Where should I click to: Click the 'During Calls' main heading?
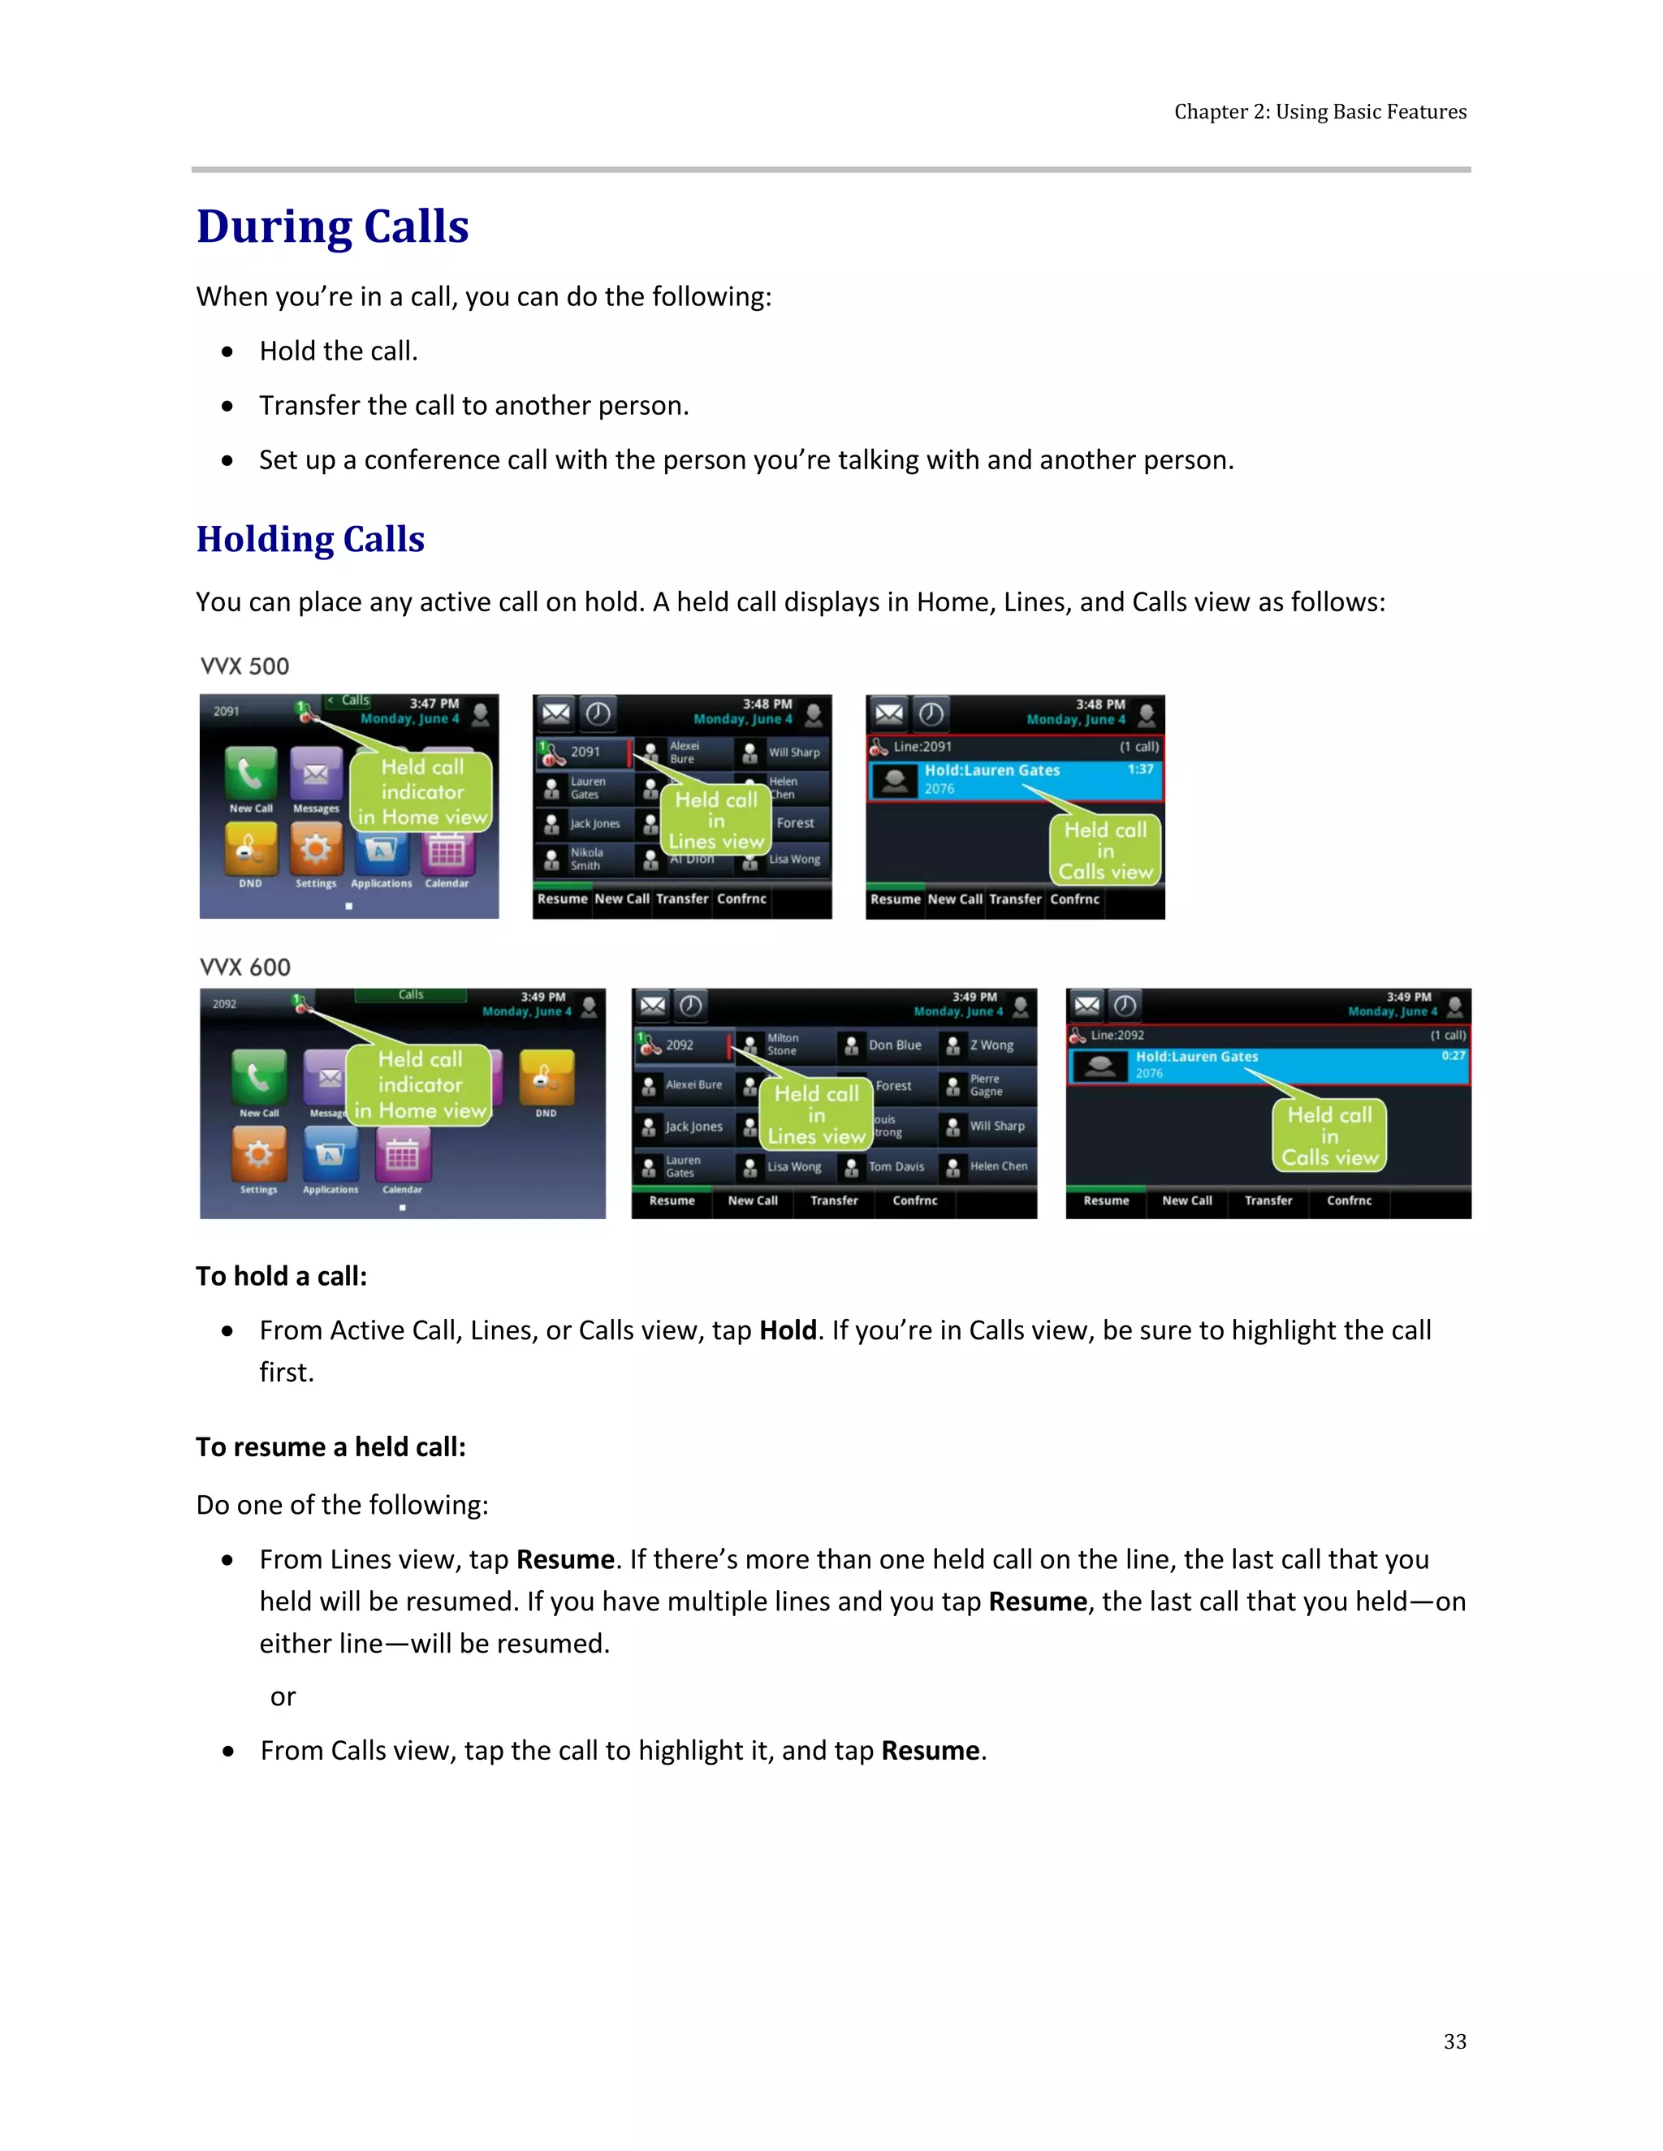coord(332,226)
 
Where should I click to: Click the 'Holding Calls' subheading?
coord(310,540)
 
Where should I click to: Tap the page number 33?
coord(1454,2041)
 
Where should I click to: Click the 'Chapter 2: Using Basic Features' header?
coord(1320,111)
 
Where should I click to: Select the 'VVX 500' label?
coord(244,666)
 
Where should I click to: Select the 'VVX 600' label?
coord(245,968)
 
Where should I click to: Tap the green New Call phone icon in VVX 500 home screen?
coord(250,773)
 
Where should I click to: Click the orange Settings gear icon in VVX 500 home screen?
coord(315,849)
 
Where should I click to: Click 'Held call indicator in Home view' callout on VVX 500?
coord(421,792)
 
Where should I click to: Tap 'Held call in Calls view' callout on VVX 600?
coord(1329,1136)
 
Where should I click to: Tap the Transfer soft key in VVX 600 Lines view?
coord(833,1201)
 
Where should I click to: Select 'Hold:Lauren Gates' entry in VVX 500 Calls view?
coord(992,771)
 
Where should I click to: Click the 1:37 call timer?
coord(1140,769)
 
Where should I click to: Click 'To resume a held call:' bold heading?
coord(330,1446)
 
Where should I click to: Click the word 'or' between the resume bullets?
coord(283,1697)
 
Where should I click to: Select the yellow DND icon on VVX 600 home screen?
coord(546,1075)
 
